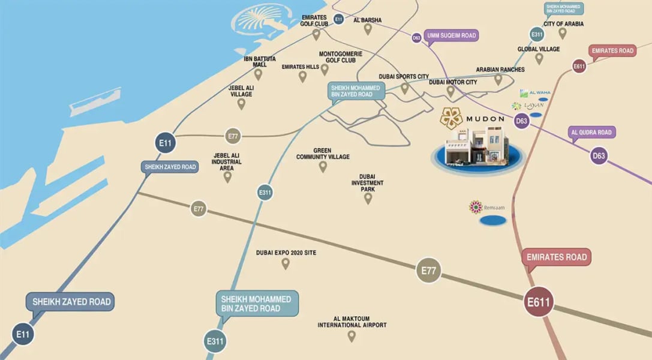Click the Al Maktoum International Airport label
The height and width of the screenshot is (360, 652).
click(x=352, y=322)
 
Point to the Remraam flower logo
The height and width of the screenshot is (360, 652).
click(x=476, y=207)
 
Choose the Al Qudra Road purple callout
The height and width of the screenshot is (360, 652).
click(x=592, y=133)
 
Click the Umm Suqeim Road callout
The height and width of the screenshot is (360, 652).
click(x=451, y=36)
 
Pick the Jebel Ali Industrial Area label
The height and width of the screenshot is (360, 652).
click(x=227, y=161)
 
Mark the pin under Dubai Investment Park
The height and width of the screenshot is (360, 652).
click(x=368, y=198)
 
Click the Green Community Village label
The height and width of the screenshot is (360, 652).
click(x=323, y=154)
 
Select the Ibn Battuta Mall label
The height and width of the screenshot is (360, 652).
click(x=260, y=61)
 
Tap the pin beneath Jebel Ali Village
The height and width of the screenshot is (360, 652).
click(x=241, y=104)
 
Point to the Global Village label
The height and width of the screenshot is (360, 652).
click(x=539, y=49)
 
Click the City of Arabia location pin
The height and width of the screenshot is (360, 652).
click(x=563, y=34)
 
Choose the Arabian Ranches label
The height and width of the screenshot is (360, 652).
click(x=500, y=70)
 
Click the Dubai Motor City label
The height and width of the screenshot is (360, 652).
click(x=453, y=82)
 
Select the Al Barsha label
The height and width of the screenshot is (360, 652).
click(x=368, y=20)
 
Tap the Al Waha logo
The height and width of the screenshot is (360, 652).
click(x=535, y=93)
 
